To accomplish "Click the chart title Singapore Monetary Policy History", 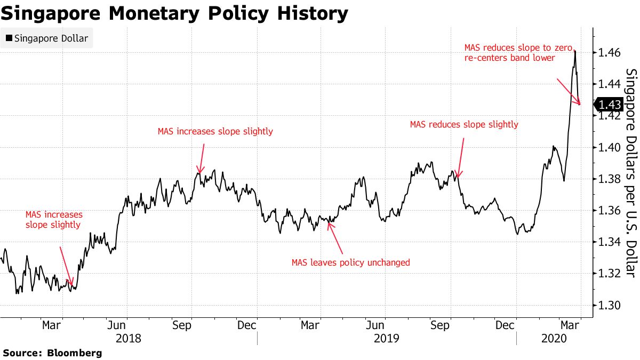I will tap(174, 13).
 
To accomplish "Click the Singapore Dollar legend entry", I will tap(47, 38).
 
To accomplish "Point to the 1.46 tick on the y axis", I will tap(609, 53).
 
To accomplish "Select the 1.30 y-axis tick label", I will tap(609, 305).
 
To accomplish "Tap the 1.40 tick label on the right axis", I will tap(609, 147).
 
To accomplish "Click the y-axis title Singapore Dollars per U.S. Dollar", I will tap(630, 173).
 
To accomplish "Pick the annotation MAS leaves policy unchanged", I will tap(350, 262).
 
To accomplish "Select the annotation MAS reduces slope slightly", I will tap(463, 125).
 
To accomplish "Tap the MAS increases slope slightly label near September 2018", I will tap(215, 131).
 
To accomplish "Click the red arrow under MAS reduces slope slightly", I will tap(461, 158).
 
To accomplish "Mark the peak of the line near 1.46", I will tap(574, 51).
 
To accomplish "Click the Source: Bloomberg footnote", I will tap(52, 353).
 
